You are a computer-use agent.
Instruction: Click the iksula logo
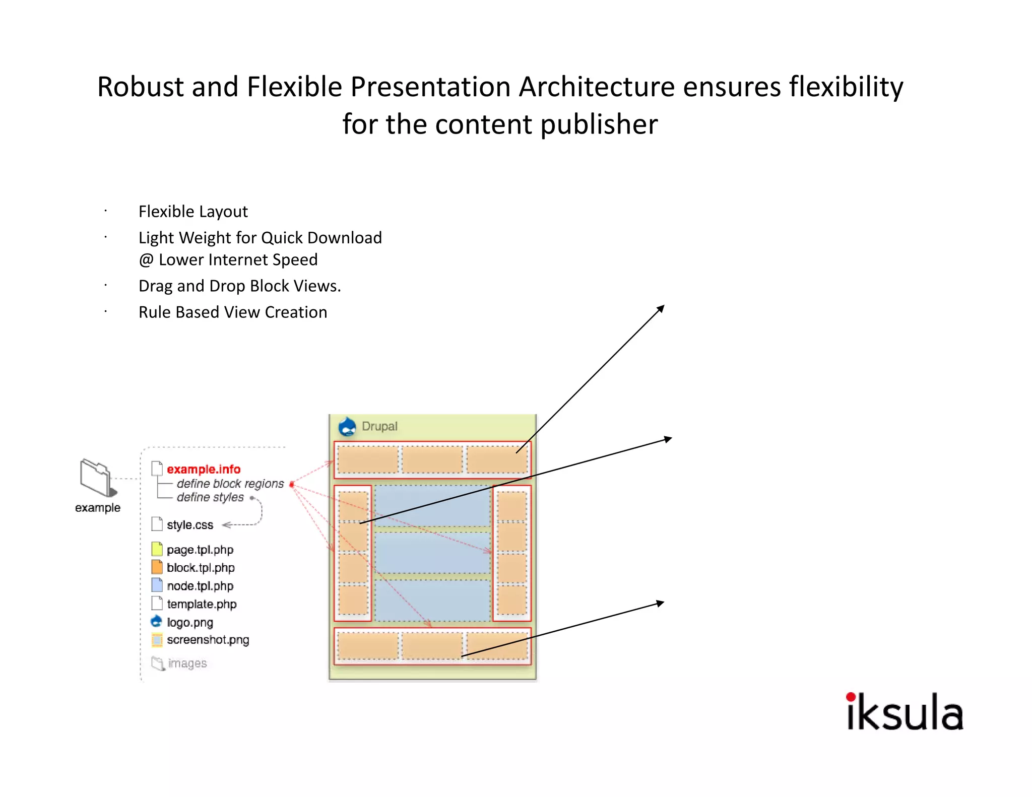(905, 712)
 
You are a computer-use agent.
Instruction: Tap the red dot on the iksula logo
(851, 697)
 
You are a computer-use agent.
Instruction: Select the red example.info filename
(204, 469)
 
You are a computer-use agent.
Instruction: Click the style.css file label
(190, 525)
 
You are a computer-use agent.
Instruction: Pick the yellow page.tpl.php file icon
(157, 549)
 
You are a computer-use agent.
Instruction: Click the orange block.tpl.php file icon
(157, 567)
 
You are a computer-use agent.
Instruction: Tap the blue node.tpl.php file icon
(157, 585)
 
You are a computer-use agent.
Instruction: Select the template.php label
(202, 604)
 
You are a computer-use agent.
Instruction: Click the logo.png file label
(190, 622)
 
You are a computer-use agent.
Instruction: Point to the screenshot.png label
(208, 640)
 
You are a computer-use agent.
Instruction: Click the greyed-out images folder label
(187, 663)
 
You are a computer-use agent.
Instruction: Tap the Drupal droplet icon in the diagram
(347, 426)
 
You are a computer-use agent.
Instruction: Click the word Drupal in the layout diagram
(379, 426)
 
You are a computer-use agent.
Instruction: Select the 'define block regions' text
(230, 484)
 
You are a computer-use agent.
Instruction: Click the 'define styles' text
(210, 497)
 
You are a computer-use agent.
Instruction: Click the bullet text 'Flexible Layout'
(193, 212)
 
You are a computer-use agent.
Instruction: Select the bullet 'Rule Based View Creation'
(233, 312)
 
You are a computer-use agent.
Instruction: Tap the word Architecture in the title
(597, 87)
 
